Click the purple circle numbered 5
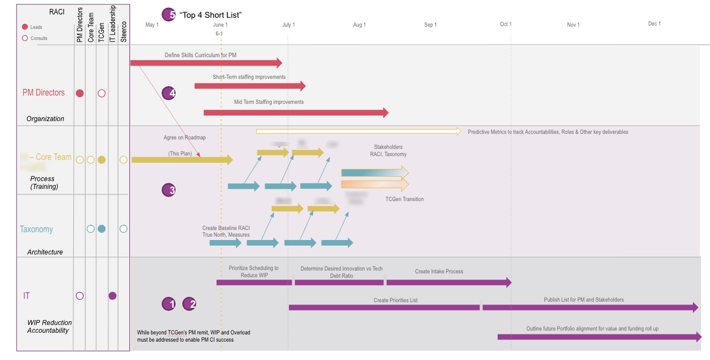click(x=168, y=15)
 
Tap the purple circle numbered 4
click(x=169, y=93)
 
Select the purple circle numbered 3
click(x=169, y=190)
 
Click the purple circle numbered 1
click(x=169, y=304)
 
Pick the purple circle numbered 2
click(x=189, y=304)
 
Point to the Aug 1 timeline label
click(x=359, y=25)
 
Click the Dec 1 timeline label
click(x=655, y=24)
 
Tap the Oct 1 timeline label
click(x=506, y=24)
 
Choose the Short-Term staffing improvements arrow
click(x=250, y=86)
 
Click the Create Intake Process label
click(x=439, y=271)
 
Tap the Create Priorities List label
click(x=395, y=300)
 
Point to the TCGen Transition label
click(x=404, y=199)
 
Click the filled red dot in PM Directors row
click(x=80, y=94)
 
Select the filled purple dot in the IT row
click(x=113, y=296)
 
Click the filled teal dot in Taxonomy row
click(x=102, y=229)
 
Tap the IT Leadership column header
click(x=113, y=24)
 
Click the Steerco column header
click(x=124, y=32)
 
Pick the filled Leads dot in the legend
click(x=25, y=27)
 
